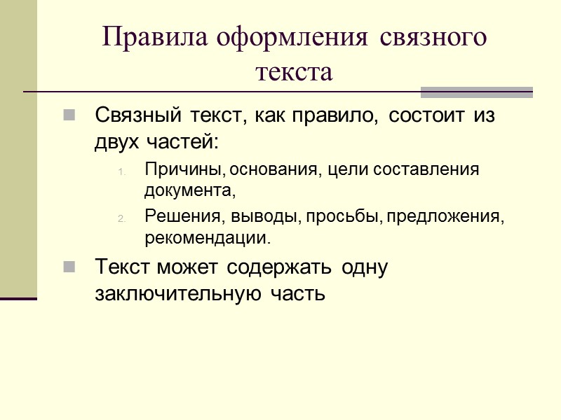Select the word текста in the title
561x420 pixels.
point(294,71)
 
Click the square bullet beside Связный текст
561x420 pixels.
point(69,115)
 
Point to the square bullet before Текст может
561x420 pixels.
point(69,267)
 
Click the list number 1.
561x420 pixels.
point(120,171)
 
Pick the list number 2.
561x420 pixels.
point(120,218)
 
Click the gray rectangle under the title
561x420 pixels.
point(476,92)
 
